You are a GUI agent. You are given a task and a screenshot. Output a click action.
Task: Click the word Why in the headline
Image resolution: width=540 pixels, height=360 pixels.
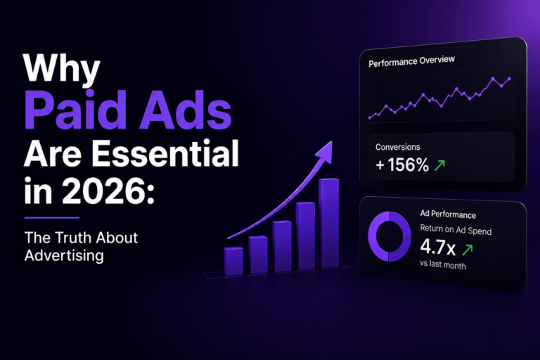(62, 68)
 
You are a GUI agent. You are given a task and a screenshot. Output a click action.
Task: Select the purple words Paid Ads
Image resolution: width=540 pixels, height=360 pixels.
(128, 110)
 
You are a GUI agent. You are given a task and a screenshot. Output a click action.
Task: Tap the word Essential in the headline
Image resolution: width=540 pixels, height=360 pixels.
(165, 154)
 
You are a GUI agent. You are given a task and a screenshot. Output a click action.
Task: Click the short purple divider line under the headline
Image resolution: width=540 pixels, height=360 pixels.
(52, 218)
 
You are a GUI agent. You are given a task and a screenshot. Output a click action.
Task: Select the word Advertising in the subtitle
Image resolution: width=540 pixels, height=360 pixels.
(64, 256)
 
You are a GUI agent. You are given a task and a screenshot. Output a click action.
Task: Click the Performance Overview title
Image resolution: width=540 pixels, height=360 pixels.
(411, 61)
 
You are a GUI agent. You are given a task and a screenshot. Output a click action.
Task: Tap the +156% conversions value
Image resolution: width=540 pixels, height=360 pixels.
(402, 165)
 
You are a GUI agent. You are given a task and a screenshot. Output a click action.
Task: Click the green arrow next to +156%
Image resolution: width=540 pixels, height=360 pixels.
(439, 165)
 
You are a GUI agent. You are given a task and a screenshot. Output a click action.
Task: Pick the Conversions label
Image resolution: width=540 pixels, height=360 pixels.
(397, 147)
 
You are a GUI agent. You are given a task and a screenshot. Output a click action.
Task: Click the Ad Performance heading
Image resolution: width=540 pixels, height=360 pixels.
(448, 214)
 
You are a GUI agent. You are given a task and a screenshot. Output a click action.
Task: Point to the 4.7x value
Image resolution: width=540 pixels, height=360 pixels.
(437, 247)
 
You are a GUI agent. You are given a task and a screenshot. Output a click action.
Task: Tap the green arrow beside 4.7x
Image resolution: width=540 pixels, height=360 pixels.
(468, 250)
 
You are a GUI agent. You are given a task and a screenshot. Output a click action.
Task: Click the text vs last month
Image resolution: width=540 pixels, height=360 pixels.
(442, 264)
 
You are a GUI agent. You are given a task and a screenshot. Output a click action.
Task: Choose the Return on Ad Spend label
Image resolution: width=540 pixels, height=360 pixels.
(456, 229)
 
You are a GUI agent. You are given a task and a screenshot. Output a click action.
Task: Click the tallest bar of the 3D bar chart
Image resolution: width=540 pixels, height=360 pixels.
(329, 223)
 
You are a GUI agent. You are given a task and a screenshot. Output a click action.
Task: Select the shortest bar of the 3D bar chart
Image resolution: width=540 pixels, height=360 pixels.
(234, 261)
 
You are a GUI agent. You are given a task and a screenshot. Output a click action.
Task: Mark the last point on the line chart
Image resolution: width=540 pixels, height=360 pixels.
(509, 79)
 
